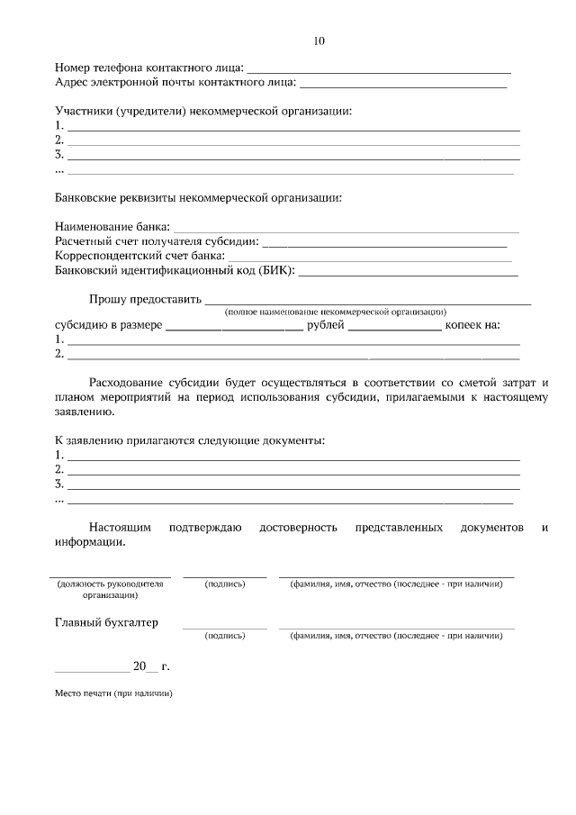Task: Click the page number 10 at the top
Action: click(x=319, y=41)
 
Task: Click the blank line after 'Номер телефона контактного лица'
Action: click(x=379, y=70)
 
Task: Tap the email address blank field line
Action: click(x=402, y=86)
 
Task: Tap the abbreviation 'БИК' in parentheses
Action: click(x=275, y=271)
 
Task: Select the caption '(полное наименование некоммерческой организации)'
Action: click(x=335, y=311)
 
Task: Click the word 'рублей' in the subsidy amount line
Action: click(x=326, y=325)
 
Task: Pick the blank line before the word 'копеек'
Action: click(x=394, y=329)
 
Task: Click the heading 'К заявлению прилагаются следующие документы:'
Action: click(x=190, y=440)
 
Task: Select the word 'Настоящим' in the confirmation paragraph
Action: click(x=121, y=528)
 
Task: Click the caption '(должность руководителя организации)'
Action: click(x=110, y=589)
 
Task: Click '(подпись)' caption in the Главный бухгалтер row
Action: click(x=225, y=635)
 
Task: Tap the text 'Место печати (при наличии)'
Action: click(x=112, y=693)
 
